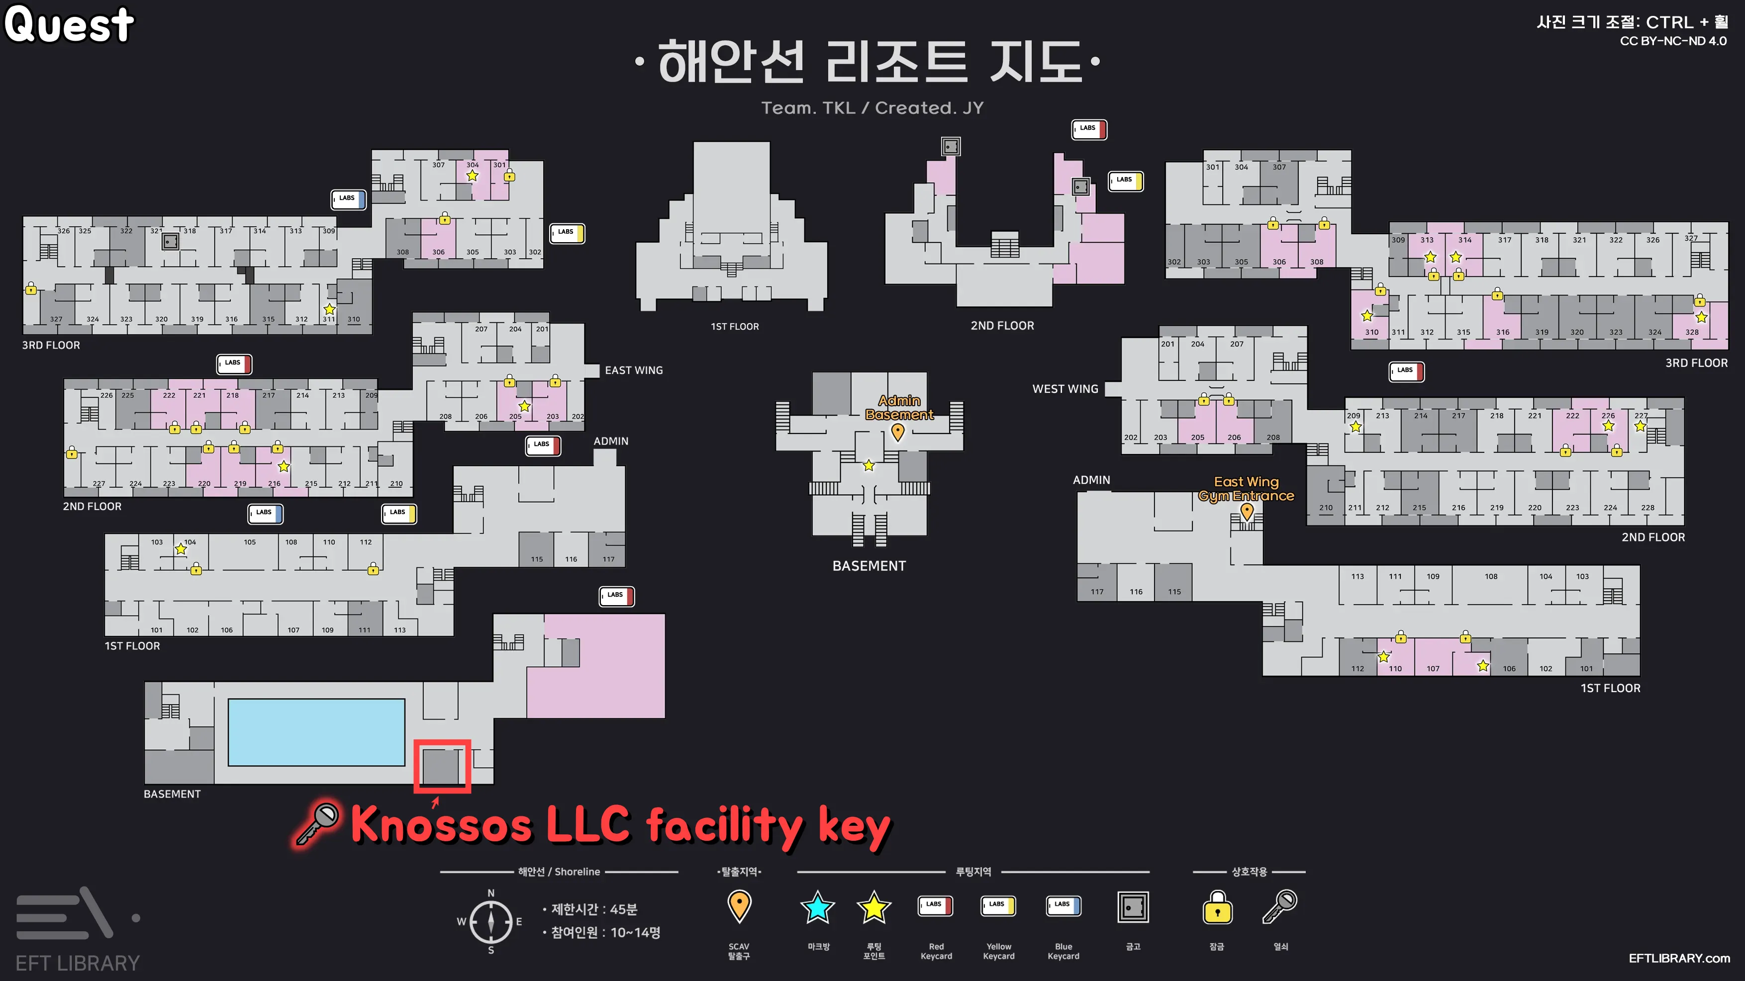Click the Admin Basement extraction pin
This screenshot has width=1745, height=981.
pos(898,431)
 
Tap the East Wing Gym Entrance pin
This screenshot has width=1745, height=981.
pos(1247,512)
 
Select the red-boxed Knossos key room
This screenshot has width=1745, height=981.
pos(442,766)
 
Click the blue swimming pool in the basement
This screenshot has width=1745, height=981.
pos(316,732)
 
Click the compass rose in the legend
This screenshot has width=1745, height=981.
pos(490,921)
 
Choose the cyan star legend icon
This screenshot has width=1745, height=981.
pos(818,907)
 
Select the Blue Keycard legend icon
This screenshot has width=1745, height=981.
pos(1064,906)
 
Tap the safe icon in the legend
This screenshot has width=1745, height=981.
pos(1133,907)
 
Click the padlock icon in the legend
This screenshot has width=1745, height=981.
pos(1217,908)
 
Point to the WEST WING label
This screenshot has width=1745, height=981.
pos(1065,389)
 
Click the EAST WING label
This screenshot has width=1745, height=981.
pos(633,370)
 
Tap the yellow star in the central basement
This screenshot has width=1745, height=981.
pos(869,466)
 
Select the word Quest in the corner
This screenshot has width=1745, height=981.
pos(69,24)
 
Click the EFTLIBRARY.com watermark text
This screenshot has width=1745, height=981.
pos(1679,958)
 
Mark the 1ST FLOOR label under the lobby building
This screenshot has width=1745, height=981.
pos(734,326)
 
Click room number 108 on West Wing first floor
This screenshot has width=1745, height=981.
pos(1491,577)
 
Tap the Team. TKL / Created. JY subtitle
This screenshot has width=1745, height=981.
pos(872,107)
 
